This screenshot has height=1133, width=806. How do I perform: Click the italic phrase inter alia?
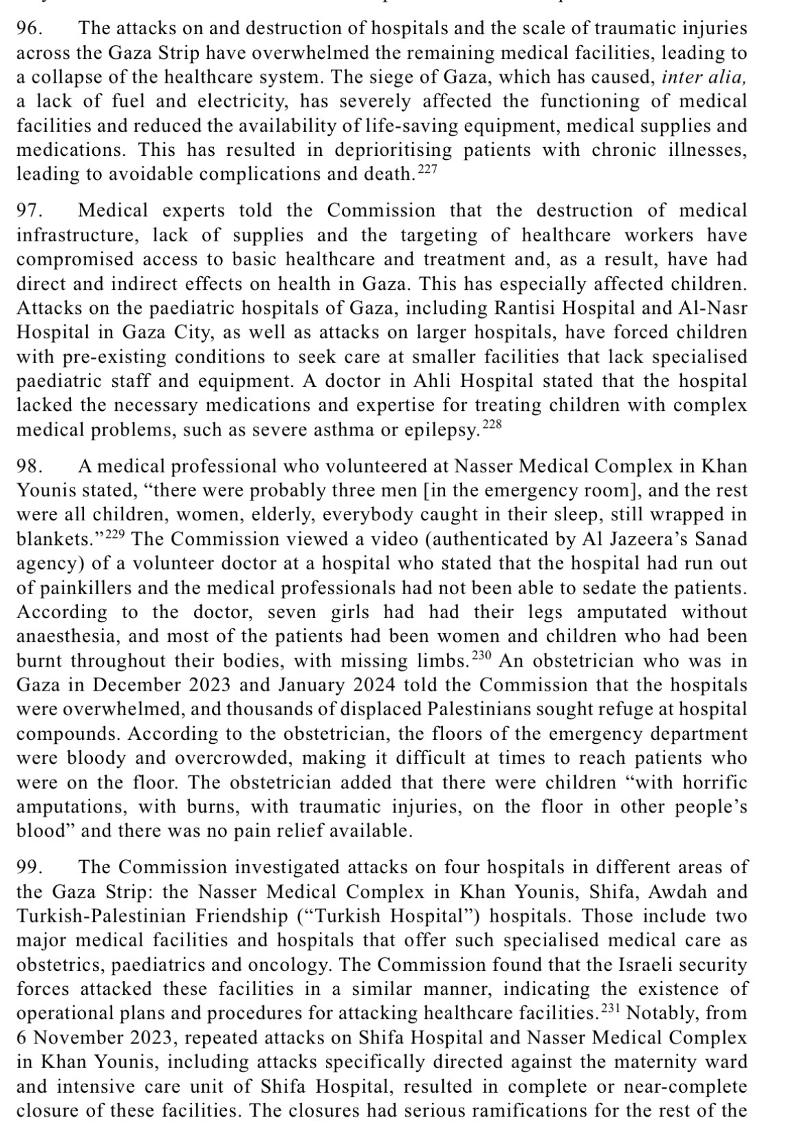(x=703, y=77)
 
